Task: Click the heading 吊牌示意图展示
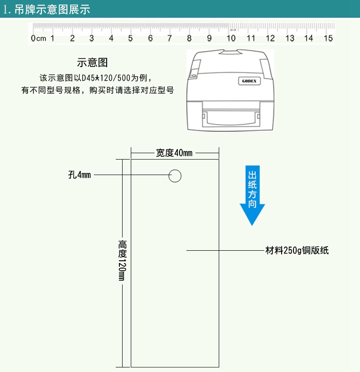coord(52,10)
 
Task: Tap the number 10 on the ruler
coord(231,38)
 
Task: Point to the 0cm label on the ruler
coord(39,39)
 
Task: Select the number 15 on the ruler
coord(328,38)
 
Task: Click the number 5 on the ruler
coord(131,38)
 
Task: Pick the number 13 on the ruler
coord(290,38)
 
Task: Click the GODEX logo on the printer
coord(248,81)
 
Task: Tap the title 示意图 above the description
coord(93,62)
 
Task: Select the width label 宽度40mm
coord(174,153)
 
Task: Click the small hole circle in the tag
coord(175,176)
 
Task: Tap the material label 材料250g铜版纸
coord(297,250)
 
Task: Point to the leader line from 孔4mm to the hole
coord(131,175)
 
